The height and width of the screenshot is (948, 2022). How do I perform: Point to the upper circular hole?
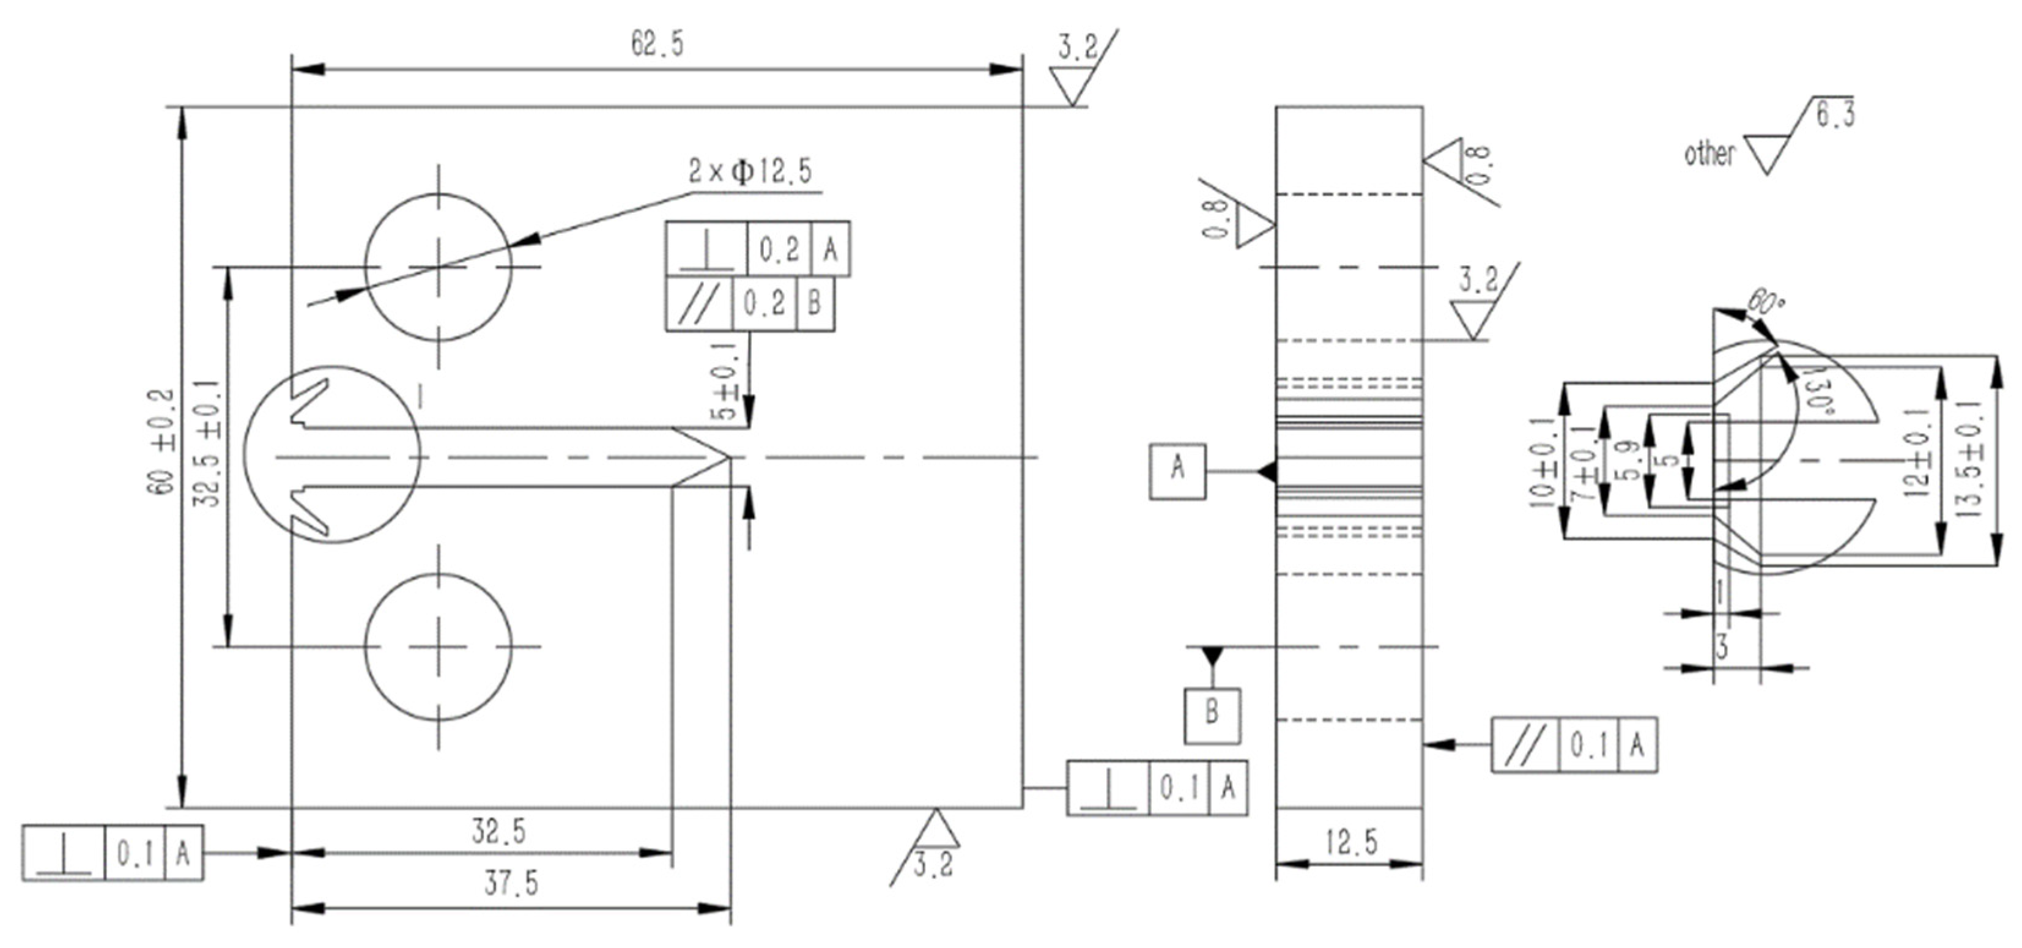pyautogui.click(x=438, y=267)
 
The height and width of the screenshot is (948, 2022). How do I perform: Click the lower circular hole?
pyautogui.click(x=438, y=646)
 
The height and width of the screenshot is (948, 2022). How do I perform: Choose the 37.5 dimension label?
pyautogui.click(x=511, y=884)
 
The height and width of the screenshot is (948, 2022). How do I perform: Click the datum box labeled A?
pyautogui.click(x=1177, y=471)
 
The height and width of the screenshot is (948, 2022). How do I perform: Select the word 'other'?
pyautogui.click(x=1709, y=154)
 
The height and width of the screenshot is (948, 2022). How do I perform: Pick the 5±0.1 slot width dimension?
pyautogui.click(x=727, y=380)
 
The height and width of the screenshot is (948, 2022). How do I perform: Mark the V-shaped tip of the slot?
pyautogui.click(x=728, y=457)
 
